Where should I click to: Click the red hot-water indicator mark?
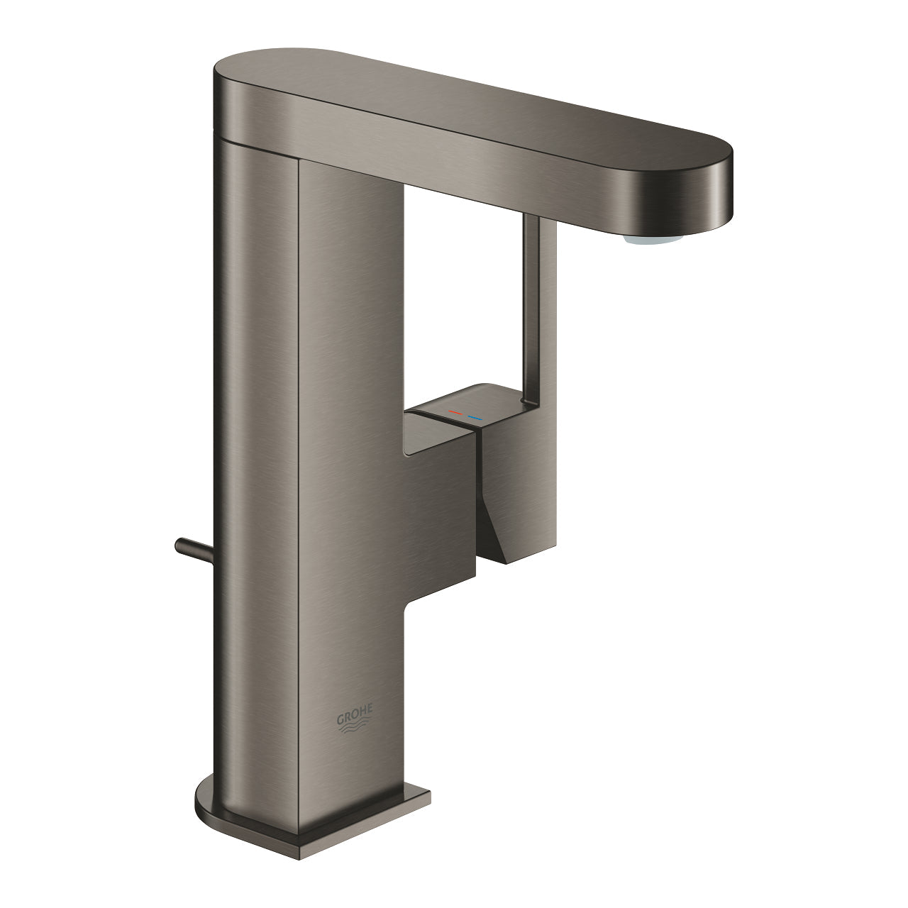click(x=459, y=411)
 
